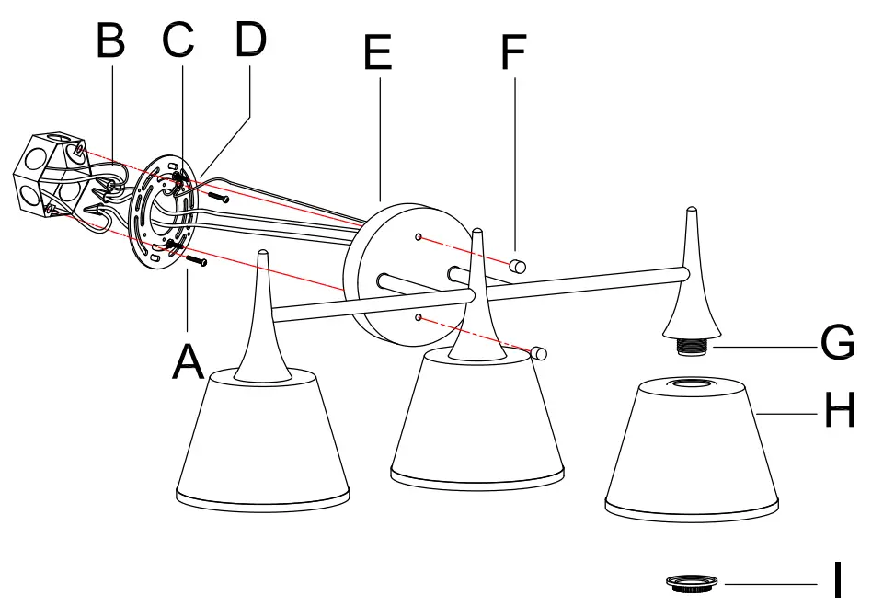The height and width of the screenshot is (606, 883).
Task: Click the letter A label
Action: pos(189,360)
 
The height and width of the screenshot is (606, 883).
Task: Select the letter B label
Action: pos(111,41)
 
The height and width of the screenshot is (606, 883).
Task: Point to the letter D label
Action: pos(249,40)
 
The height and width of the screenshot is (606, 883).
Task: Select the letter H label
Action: pos(839,411)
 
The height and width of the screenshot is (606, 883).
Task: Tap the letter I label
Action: pos(837,580)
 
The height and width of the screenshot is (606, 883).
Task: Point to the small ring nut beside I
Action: pos(694,582)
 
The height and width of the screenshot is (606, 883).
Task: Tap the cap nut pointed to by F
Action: pos(518,267)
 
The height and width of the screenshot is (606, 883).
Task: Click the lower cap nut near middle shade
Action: pos(540,353)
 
